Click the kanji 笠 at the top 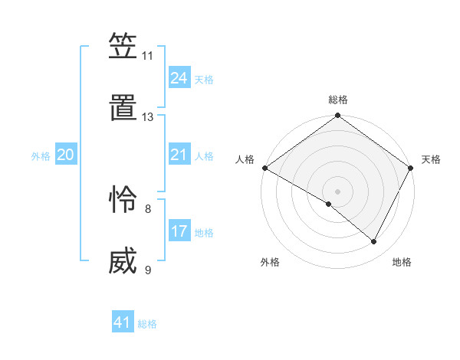click(x=123, y=48)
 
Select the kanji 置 click(x=123, y=110)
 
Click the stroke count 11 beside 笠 click(x=147, y=56)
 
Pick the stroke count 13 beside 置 click(x=147, y=117)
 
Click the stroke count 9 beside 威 click(x=147, y=270)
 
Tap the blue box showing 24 click(x=179, y=78)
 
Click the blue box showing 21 click(x=179, y=155)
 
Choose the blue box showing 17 click(x=179, y=231)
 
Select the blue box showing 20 click(x=66, y=155)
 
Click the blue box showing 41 click(x=123, y=322)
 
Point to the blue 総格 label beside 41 click(x=147, y=324)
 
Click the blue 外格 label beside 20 click(x=41, y=156)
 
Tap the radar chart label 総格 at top click(x=338, y=100)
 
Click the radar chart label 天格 click(x=431, y=159)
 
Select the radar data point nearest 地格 click(x=374, y=242)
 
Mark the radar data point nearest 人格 click(x=264, y=168)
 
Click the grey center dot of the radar click(x=337, y=190)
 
